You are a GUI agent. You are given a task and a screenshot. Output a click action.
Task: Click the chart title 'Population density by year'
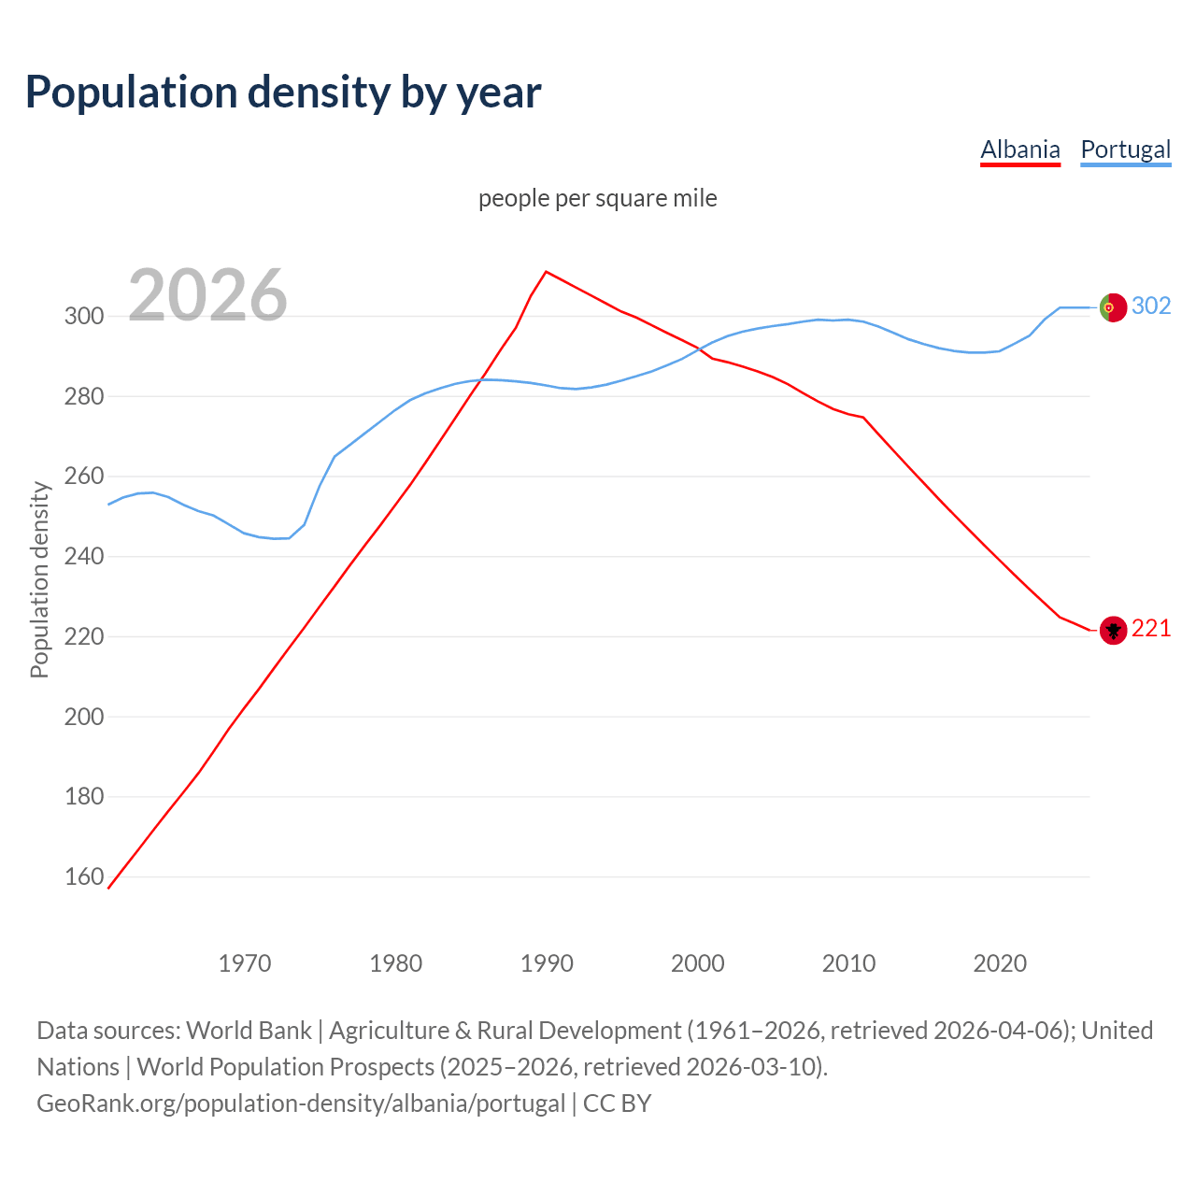coord(283,93)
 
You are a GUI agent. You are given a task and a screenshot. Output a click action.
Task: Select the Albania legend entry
coord(1019,149)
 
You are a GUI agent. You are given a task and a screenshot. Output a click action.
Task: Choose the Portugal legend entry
coord(1125,149)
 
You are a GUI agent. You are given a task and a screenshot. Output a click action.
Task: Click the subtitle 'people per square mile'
coord(597,198)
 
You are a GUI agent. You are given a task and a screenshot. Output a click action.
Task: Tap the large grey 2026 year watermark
coord(207,295)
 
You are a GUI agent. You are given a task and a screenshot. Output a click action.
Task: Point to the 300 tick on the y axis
coord(84,316)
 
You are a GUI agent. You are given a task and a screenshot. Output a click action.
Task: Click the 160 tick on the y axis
coord(84,876)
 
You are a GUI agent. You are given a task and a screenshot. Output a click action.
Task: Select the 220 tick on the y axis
coord(84,636)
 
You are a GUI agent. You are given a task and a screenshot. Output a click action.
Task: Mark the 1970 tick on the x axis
coord(245,962)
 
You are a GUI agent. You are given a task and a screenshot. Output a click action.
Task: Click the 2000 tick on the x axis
coord(698,962)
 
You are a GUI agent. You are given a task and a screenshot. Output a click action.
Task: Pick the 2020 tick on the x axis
coord(1000,962)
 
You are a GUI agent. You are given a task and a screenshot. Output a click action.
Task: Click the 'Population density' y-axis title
coord(39,579)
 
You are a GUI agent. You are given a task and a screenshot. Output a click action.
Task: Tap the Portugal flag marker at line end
coord(1112,307)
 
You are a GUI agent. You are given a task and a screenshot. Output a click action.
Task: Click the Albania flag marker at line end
coord(1112,631)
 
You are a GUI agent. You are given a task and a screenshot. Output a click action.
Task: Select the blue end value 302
coord(1151,306)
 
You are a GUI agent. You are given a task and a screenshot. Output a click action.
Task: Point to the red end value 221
coord(1151,629)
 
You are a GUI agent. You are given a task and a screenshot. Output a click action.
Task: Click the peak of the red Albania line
coord(547,272)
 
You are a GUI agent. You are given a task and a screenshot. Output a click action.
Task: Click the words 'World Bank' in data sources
coord(249,1030)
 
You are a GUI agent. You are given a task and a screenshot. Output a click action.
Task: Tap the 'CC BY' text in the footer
coord(617,1103)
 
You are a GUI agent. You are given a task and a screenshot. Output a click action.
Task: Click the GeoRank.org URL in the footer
coord(301,1103)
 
